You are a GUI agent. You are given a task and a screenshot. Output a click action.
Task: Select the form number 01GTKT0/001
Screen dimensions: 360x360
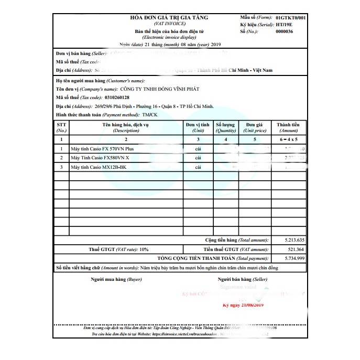pos(290,18)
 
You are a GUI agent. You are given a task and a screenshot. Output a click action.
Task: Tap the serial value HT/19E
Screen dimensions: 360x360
pos(285,25)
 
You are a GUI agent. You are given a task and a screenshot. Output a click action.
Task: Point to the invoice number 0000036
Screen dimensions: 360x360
pos(284,31)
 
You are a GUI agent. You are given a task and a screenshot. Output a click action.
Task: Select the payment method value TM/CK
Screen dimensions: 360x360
pos(149,114)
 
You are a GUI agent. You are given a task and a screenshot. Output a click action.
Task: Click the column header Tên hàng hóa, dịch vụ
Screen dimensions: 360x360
pos(125,127)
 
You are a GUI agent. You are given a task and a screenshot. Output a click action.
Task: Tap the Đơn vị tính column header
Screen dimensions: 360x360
pos(198,127)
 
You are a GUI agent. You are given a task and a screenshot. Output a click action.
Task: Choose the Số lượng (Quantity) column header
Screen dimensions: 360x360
pos(226,127)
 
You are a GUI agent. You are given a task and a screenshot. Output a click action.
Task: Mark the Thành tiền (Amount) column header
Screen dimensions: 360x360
pos(288,127)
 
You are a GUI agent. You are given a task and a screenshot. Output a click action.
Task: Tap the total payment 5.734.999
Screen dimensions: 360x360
pos(289,258)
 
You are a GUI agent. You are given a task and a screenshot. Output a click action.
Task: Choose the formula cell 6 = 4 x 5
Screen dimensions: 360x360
pos(288,140)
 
